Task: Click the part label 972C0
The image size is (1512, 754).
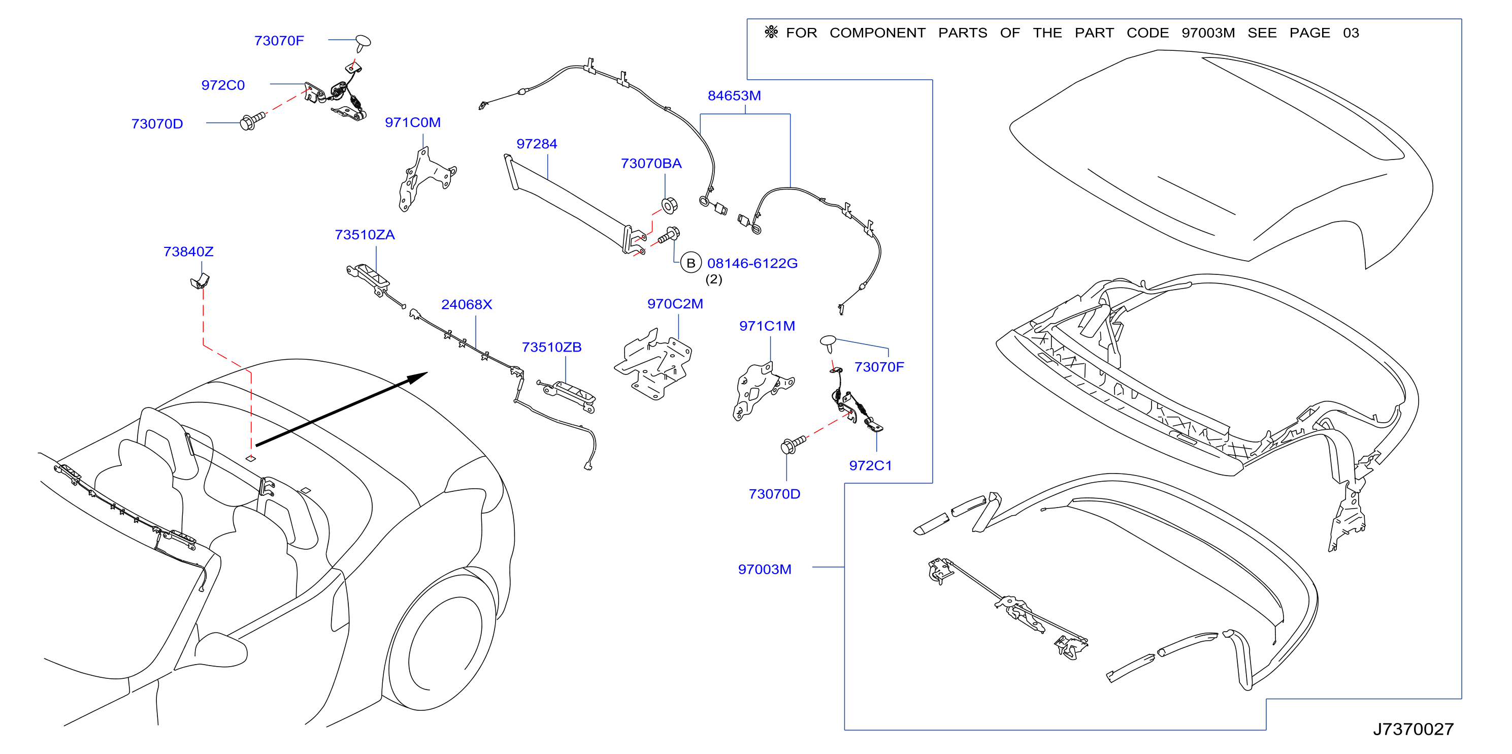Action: pyautogui.click(x=222, y=85)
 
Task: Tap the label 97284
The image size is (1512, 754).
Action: pyautogui.click(x=537, y=144)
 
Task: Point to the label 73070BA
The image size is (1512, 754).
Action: pyautogui.click(x=651, y=163)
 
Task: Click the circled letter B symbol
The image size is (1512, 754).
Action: pyautogui.click(x=691, y=263)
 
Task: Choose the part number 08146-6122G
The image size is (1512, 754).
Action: pyautogui.click(x=752, y=263)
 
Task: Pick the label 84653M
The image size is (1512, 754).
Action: pyautogui.click(x=734, y=95)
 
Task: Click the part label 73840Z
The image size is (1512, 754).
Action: pyautogui.click(x=188, y=252)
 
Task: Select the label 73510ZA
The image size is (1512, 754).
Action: pyautogui.click(x=365, y=235)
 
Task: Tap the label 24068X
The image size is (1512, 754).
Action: pyautogui.click(x=466, y=304)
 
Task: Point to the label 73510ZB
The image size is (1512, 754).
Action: pyautogui.click(x=551, y=347)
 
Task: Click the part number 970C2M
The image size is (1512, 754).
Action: pyautogui.click(x=675, y=304)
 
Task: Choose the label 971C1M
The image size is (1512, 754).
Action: pyautogui.click(x=767, y=326)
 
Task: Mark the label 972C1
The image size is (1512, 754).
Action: pyautogui.click(x=870, y=466)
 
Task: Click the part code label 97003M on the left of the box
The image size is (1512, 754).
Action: pyautogui.click(x=764, y=569)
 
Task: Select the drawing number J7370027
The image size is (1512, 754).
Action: pyautogui.click(x=1413, y=729)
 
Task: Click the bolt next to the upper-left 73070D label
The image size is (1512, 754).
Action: pyautogui.click(x=252, y=121)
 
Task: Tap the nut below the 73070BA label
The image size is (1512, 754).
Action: pyautogui.click(x=669, y=206)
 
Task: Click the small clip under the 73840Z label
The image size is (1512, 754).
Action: pyautogui.click(x=200, y=281)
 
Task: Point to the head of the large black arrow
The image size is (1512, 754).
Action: pyautogui.click(x=428, y=373)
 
